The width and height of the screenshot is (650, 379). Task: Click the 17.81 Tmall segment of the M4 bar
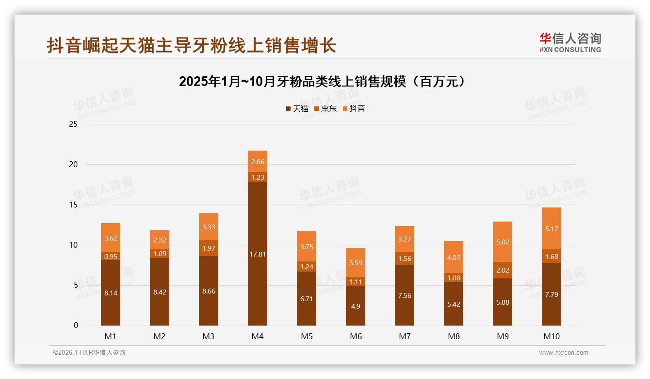click(258, 254)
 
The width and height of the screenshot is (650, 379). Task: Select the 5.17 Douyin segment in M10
click(552, 228)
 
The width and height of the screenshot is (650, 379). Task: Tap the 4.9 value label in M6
click(356, 306)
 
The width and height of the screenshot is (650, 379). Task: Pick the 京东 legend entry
click(325, 109)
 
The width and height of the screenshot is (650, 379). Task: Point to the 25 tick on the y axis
click(73, 124)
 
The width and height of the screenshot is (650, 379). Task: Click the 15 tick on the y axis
click(73, 205)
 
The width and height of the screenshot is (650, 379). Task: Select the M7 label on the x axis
click(405, 336)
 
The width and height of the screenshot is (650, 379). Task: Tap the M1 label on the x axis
click(110, 336)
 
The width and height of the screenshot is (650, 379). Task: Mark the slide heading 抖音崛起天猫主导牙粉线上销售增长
click(192, 45)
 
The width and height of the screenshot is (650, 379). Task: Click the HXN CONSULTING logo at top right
click(570, 42)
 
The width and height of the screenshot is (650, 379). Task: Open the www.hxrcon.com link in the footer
click(564, 353)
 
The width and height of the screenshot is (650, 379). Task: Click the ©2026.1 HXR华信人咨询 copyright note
click(89, 353)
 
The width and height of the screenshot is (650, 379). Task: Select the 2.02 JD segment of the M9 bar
click(503, 270)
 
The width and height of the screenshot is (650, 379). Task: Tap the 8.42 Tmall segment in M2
click(160, 292)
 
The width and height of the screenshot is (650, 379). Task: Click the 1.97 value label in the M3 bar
click(209, 248)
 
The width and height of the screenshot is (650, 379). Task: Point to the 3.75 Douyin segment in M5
click(307, 246)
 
